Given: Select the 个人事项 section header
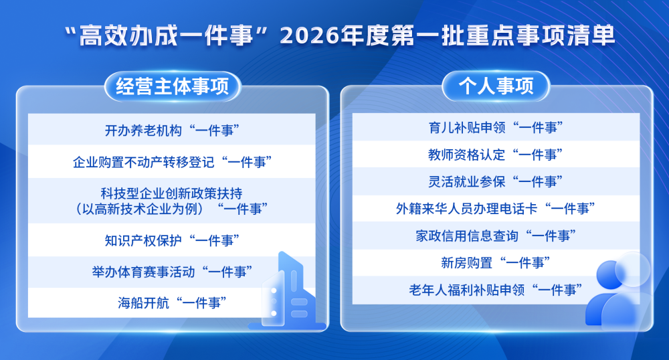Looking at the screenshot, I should (496, 87).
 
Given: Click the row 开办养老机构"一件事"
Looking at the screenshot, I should (172, 130).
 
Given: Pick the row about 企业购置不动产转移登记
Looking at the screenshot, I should (172, 162).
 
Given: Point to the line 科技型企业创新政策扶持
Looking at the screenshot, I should (171, 193).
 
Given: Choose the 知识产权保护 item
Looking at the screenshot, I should (172, 240).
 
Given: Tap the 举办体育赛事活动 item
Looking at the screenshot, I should (172, 272).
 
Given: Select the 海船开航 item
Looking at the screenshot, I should (172, 303).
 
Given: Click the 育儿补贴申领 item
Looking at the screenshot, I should (495, 126).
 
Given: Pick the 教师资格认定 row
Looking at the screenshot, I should (495, 154).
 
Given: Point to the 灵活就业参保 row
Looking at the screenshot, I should (495, 181).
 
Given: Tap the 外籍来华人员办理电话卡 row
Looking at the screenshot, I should (495, 209).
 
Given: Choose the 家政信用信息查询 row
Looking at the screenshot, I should (495, 236).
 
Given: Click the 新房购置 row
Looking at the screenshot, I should (495, 263).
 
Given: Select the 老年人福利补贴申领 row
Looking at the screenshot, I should (495, 290).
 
